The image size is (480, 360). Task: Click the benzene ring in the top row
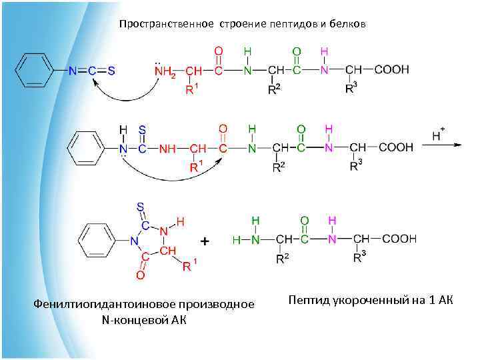[x=33, y=71]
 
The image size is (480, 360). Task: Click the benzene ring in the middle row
[x=85, y=148]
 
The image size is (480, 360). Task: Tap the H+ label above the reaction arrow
[x=438, y=135]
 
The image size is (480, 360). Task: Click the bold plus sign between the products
[x=205, y=240]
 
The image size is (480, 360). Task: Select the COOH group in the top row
[x=391, y=69]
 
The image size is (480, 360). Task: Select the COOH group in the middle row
[x=396, y=147]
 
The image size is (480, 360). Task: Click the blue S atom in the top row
[x=111, y=71]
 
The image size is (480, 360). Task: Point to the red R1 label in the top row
[x=191, y=89]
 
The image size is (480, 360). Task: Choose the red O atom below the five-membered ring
[x=140, y=274]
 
